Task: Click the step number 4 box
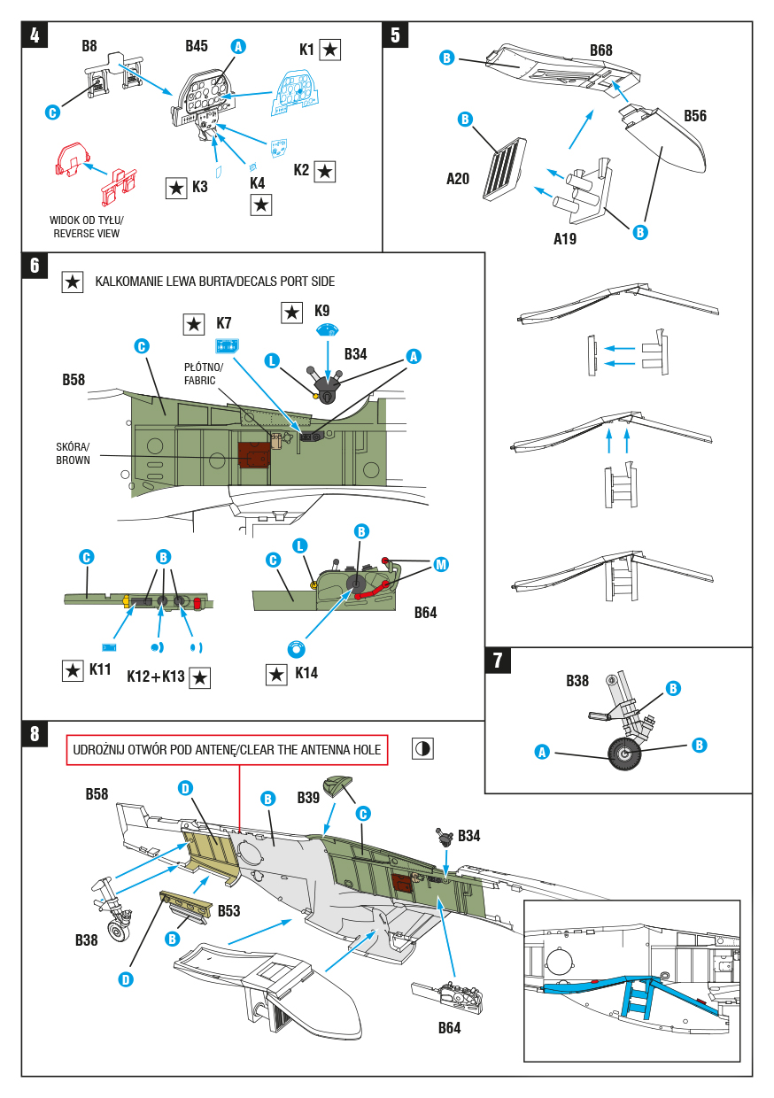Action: tap(34, 35)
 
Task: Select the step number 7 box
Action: tap(497, 660)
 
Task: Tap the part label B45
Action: tap(197, 46)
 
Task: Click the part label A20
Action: tap(458, 179)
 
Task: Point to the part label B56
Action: tap(695, 116)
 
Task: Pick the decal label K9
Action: tap(321, 312)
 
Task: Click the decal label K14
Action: tap(305, 673)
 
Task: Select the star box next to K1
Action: tap(329, 50)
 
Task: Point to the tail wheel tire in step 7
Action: tap(624, 754)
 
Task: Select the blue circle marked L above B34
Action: tap(273, 360)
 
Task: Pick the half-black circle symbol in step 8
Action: tap(422, 748)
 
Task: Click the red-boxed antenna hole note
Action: tap(228, 749)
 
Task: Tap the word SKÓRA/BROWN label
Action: tap(73, 453)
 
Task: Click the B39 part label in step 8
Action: tap(308, 798)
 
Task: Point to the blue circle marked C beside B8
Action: tap(52, 112)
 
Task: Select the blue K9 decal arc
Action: tap(329, 330)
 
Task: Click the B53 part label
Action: tap(228, 910)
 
